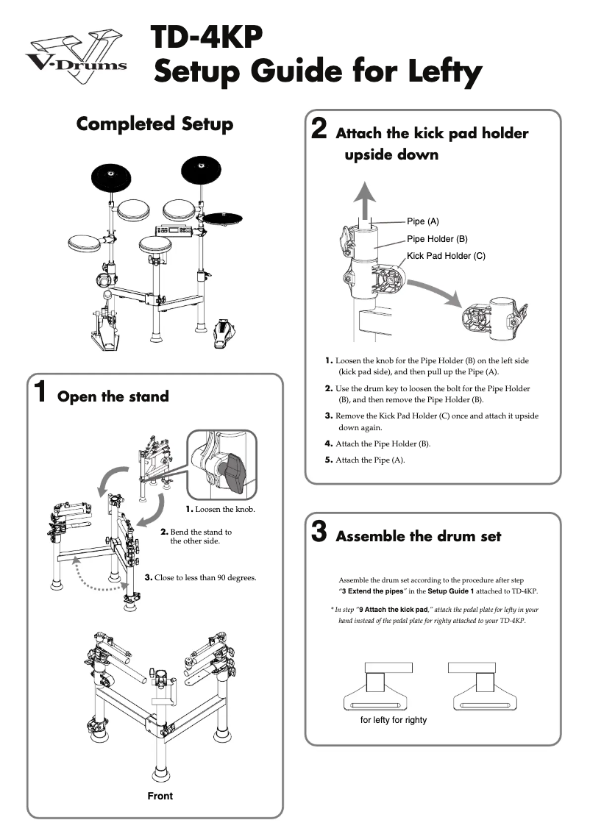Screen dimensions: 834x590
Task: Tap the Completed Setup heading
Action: click(x=154, y=124)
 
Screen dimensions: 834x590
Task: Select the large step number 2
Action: click(x=319, y=129)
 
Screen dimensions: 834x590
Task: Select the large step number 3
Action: click(x=319, y=532)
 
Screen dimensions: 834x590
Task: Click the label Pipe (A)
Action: click(x=423, y=221)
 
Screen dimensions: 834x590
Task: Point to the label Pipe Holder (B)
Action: click(x=437, y=239)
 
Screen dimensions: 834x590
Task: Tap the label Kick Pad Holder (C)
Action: click(x=446, y=257)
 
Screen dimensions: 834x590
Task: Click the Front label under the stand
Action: click(x=160, y=796)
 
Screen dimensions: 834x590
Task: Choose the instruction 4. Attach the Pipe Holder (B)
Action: click(x=377, y=443)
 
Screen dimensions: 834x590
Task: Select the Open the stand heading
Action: click(x=113, y=397)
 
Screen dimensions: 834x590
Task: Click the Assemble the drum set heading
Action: click(x=418, y=536)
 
